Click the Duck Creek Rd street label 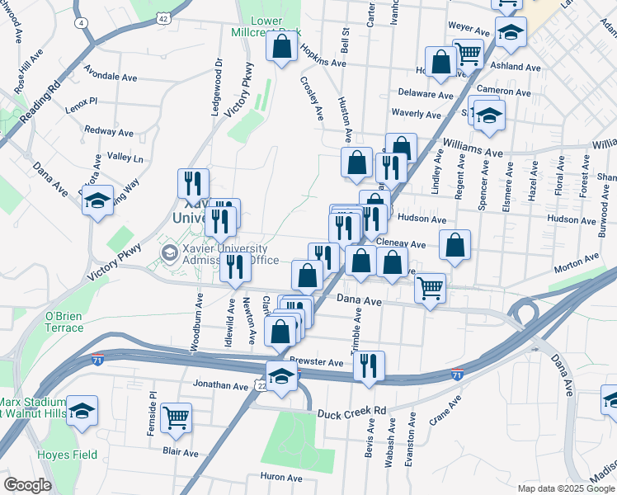351,410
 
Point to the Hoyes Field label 67,455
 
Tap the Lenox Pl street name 82,101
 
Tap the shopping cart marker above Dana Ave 429,288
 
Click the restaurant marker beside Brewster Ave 369,365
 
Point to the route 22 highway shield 261,385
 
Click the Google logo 27,485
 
